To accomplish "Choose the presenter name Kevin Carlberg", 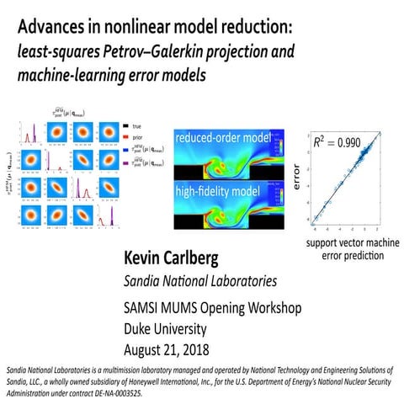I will coord(175,257).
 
